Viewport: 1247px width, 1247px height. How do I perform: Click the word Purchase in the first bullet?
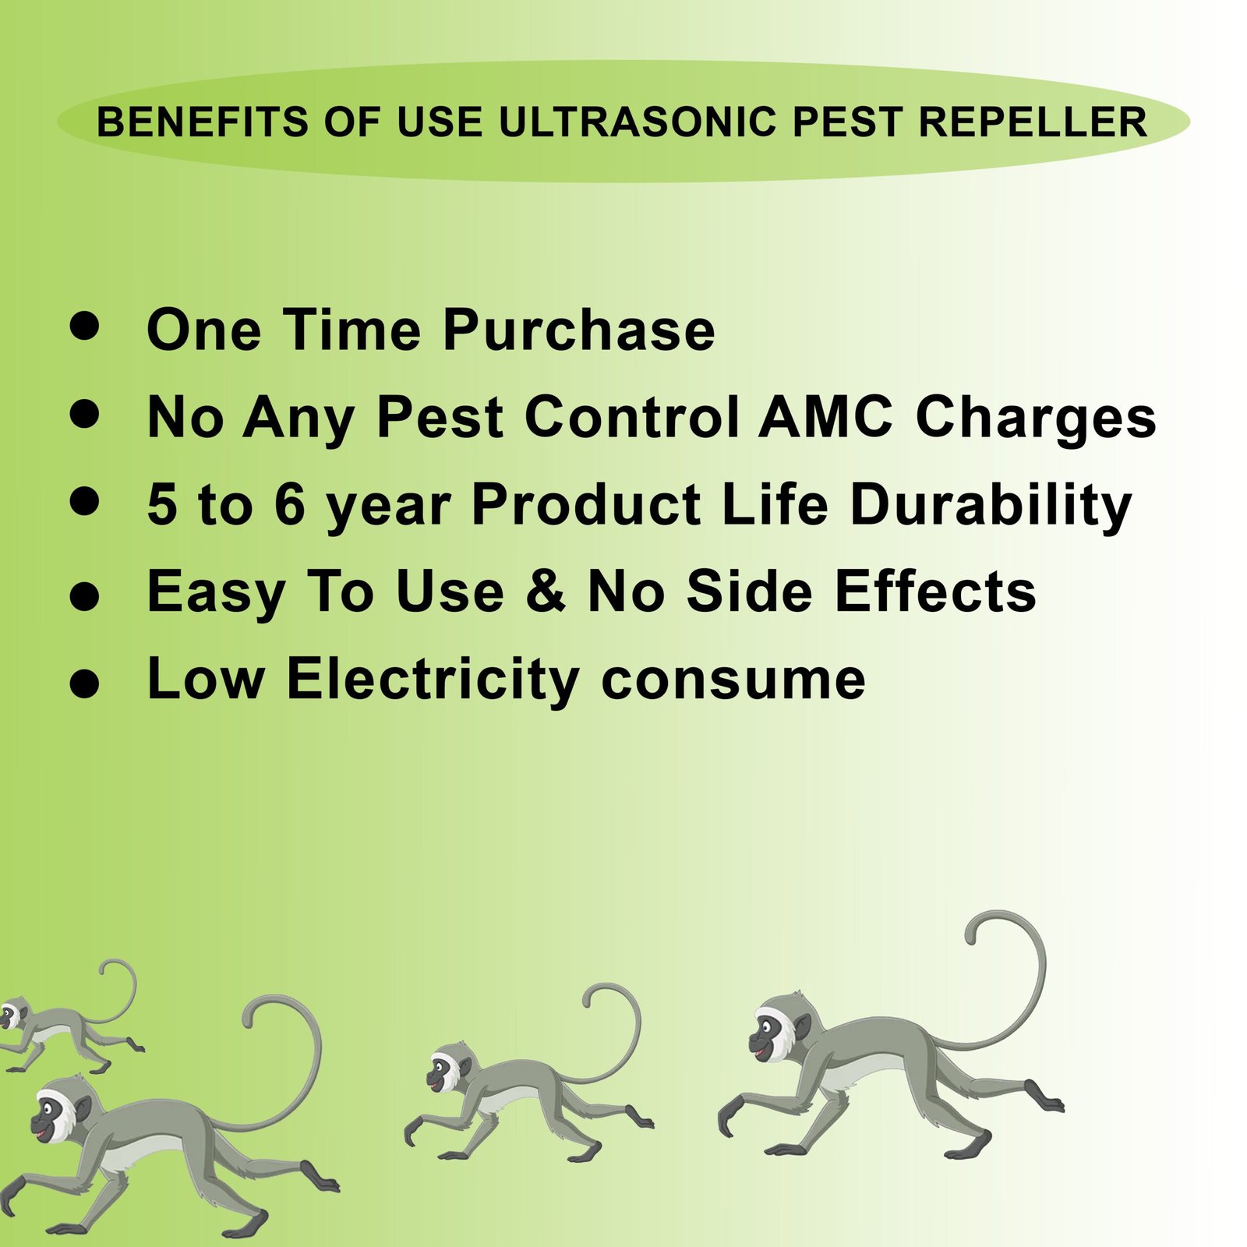[578, 330]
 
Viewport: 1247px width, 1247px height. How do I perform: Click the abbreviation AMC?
[825, 416]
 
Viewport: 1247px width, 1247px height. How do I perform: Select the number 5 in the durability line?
[161, 504]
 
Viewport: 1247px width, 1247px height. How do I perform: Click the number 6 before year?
[289, 504]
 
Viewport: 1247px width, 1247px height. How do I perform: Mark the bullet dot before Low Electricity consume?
[84, 684]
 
